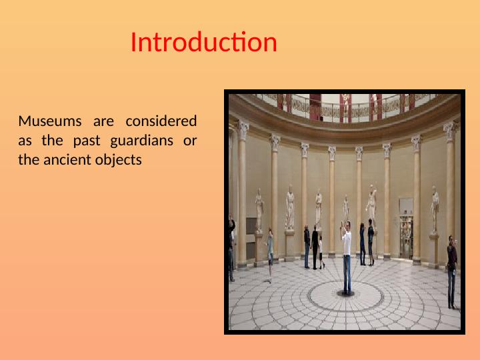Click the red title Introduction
[x=204, y=42]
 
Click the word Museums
[x=50, y=121]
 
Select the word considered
[x=161, y=121]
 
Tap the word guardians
[x=141, y=141]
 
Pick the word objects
[x=119, y=161]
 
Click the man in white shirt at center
[x=346, y=257]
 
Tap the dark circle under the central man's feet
[x=346, y=294]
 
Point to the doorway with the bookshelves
[x=406, y=237]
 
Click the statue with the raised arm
[x=371, y=203]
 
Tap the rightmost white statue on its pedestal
[x=435, y=209]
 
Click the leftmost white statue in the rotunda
[x=259, y=210]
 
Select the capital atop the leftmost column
[x=243, y=130]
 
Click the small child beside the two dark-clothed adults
[x=321, y=253]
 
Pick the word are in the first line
[x=103, y=121]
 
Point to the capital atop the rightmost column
[x=450, y=131]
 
